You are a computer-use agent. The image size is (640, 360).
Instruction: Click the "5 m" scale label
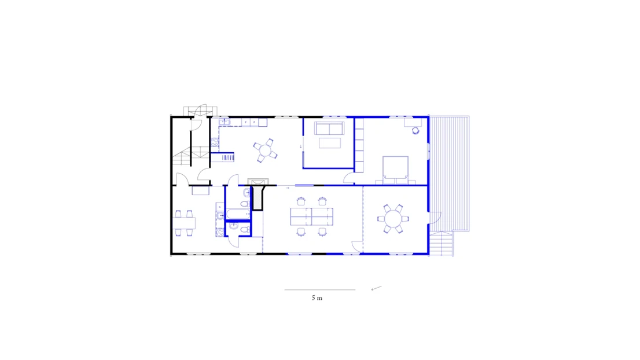tap(317, 297)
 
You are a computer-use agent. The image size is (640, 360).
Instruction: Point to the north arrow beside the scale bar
tap(376, 288)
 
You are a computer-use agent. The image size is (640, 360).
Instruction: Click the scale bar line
tap(319, 289)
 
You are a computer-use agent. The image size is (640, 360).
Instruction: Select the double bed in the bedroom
tap(395, 167)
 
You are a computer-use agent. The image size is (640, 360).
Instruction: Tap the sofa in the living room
tap(329, 128)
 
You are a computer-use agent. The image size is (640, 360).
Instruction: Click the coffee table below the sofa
tap(329, 142)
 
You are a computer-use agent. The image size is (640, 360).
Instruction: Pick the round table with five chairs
tap(266, 150)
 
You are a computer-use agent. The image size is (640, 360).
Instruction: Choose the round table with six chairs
tap(393, 219)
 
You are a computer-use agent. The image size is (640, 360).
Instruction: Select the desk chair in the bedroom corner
tap(415, 131)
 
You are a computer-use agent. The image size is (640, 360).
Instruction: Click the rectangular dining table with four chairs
tap(185, 222)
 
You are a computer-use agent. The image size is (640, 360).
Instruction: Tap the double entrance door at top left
tap(199, 110)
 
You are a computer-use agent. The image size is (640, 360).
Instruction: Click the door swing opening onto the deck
tap(435, 218)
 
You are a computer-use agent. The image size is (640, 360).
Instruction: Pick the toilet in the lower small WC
tap(243, 230)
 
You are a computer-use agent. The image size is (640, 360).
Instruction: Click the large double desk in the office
tap(311, 216)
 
